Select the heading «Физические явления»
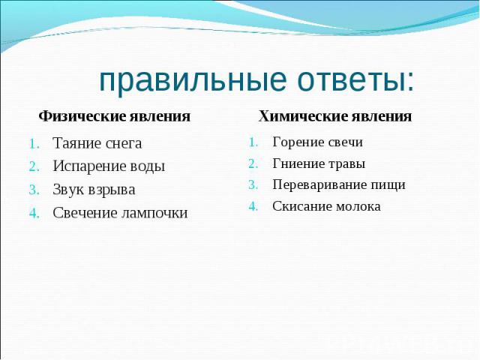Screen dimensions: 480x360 pos(115,116)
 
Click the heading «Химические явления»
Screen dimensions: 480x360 pos(335,116)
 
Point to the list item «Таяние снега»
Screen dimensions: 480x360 pos(97,143)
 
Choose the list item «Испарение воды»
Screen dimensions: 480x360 pos(109,166)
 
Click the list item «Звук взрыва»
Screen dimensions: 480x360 pos(94,190)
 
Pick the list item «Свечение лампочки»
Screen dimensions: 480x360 pos(120,213)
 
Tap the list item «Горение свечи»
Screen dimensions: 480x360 pos(317,142)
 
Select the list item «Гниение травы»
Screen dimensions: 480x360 pos(319,163)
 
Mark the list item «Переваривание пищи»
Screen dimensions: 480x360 pos(339,185)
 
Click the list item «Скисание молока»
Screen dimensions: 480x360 pos(326,206)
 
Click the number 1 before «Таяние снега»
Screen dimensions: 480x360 pos(34,144)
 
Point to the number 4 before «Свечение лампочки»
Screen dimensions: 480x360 pos(34,213)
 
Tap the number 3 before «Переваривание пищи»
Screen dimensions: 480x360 pos(253,185)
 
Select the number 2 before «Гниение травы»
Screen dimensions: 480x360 pos(253,164)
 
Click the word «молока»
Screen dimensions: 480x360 pos(358,207)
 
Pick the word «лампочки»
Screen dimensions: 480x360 pos(154,213)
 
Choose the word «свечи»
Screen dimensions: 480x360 pos(345,142)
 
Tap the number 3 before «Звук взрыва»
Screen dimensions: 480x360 pos(34,190)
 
